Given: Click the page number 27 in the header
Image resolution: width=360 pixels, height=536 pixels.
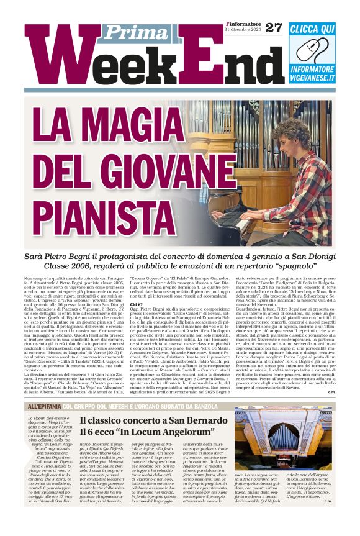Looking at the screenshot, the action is [274, 27].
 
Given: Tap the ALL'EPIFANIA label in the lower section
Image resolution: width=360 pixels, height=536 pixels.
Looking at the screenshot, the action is [43, 406].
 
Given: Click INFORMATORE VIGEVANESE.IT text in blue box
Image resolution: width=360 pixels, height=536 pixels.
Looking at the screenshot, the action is [313, 75].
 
